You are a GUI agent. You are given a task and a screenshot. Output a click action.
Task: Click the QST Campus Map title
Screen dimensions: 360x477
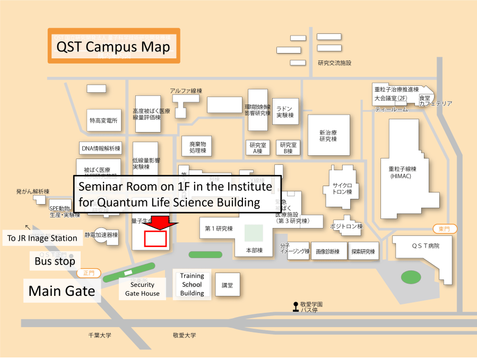[114, 47]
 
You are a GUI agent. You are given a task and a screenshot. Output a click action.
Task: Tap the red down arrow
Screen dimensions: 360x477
[160, 223]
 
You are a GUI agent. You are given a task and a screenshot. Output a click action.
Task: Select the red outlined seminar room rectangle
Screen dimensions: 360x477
[156, 239]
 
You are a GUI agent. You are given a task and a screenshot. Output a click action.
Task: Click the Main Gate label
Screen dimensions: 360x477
[62, 291]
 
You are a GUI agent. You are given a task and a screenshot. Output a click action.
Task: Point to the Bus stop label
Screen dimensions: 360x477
[55, 261]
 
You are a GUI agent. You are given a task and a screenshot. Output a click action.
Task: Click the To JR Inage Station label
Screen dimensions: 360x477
[42, 238]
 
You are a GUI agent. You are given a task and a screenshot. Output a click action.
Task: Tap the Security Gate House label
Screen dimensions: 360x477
[142, 289]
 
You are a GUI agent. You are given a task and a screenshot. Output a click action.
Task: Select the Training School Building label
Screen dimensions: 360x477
[192, 284]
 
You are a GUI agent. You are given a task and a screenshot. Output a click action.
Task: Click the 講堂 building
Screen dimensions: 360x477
[227, 285]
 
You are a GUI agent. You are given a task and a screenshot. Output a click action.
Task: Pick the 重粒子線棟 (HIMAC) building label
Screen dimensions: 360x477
[403, 172]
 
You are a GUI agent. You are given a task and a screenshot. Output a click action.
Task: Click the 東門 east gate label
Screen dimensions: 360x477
[444, 229]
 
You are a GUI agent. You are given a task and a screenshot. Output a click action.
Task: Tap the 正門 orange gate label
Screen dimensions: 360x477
[89, 273]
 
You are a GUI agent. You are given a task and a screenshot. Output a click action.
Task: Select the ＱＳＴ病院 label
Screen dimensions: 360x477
[426, 246]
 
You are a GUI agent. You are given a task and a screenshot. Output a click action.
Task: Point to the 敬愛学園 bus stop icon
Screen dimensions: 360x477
[296, 306]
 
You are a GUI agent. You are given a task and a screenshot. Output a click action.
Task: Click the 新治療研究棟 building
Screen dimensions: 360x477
[328, 135]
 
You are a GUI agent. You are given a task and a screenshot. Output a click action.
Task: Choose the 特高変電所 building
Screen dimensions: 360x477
[103, 121]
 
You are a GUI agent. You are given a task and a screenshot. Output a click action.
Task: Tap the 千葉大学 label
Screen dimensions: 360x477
[100, 335]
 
